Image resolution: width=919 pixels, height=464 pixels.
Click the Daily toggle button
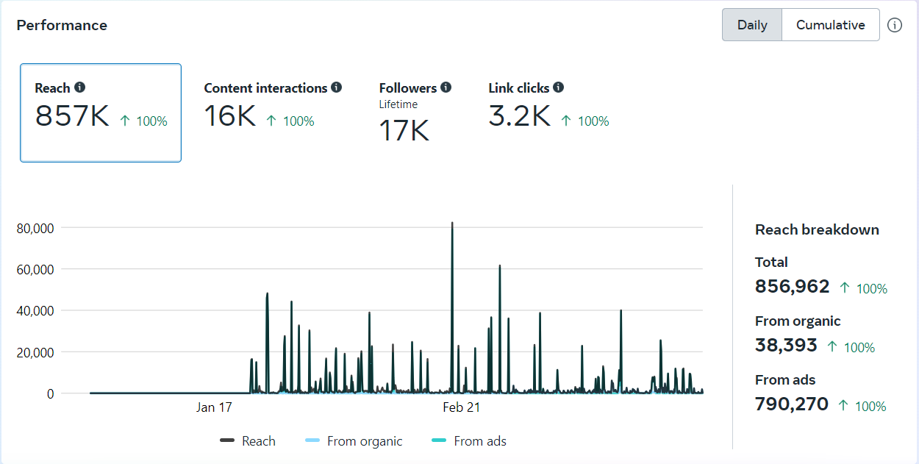[752, 25]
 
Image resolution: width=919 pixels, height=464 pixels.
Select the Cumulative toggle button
[830, 25]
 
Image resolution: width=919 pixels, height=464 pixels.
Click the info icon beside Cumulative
[894, 25]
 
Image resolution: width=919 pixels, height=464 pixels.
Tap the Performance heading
[62, 25]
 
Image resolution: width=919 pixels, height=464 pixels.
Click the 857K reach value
[72, 117]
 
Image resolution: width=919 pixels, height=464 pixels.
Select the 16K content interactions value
[229, 117]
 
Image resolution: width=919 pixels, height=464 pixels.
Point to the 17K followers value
[404, 131]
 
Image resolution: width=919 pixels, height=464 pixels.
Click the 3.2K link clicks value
[519, 117]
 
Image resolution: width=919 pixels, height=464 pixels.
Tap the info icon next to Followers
[446, 88]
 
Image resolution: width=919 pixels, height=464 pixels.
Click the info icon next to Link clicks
[558, 88]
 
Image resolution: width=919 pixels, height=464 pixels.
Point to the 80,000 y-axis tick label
[35, 228]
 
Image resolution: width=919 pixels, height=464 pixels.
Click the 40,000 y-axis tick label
[35, 311]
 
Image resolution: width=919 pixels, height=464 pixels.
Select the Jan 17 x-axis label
[215, 407]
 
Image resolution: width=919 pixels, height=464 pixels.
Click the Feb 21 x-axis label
[462, 407]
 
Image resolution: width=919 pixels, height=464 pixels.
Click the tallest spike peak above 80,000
[452, 223]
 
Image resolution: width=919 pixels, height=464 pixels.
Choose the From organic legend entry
[364, 441]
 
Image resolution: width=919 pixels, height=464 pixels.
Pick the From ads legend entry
[479, 441]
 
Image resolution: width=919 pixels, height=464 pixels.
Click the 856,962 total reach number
[792, 287]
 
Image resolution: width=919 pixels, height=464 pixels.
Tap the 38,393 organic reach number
[786, 346]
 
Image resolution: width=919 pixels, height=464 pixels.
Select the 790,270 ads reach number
[791, 404]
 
